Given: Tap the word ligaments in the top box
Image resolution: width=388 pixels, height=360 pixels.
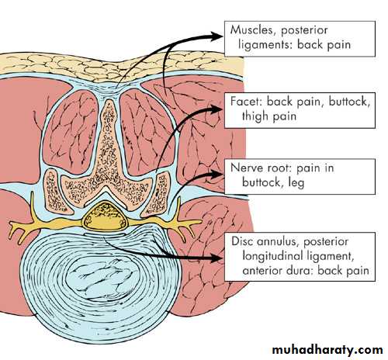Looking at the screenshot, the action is [x=265, y=45].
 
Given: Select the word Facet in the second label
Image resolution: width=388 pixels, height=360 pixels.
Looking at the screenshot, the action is [x=245, y=101].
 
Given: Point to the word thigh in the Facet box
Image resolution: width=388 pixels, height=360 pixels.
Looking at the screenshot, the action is [x=255, y=116].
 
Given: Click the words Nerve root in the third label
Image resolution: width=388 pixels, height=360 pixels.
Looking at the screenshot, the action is [x=261, y=168].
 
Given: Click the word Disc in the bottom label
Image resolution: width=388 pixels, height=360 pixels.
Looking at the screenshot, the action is [x=242, y=241].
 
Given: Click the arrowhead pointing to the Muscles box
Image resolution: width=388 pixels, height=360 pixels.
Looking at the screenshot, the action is [x=217, y=36].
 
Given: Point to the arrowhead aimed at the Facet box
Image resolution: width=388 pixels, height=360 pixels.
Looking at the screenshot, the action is [x=215, y=109].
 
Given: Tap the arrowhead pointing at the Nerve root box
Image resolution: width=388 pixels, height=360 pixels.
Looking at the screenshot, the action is [x=216, y=174].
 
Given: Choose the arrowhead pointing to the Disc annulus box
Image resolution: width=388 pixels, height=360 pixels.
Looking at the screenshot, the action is [x=216, y=258].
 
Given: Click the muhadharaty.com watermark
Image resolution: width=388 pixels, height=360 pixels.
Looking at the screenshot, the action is [x=327, y=350].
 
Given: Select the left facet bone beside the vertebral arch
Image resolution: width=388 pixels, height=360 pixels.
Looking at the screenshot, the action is [x=52, y=192].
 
